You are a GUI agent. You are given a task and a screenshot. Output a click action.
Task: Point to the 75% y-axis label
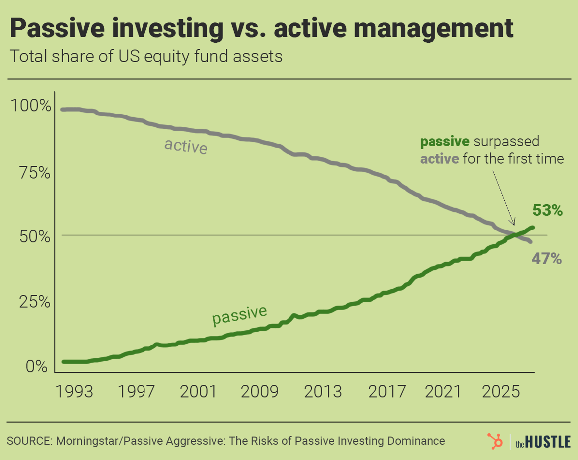tap(34, 173)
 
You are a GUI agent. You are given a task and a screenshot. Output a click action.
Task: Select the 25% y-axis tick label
tap(34, 302)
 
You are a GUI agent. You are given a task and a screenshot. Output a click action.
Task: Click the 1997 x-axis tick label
tap(136, 392)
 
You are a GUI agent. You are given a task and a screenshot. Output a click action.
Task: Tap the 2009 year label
tap(260, 392)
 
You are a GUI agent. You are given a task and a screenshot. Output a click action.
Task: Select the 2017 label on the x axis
tap(387, 392)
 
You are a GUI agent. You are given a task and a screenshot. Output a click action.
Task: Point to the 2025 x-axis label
tap(499, 392)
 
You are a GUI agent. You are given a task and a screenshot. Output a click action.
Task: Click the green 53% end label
tap(548, 211)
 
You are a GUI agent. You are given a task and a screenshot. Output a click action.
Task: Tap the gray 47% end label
tap(547, 259)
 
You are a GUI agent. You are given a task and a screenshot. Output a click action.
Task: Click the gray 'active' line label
tap(185, 146)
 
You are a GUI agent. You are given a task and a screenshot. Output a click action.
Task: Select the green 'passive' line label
tap(239, 314)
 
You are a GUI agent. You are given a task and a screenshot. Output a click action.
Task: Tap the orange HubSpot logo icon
tap(495, 441)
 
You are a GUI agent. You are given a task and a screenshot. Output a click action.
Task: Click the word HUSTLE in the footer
tap(549, 442)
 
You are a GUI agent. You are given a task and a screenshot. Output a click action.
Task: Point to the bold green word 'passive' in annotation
tap(444, 142)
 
